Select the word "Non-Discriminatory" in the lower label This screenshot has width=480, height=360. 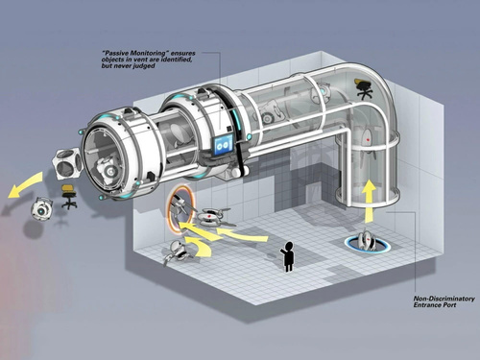pyautogui.click(x=444, y=299)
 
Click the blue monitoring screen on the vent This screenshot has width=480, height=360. pyautogui.click(x=224, y=145)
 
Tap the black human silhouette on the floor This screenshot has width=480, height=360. pyautogui.click(x=288, y=256)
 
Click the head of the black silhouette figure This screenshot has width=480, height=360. pyautogui.click(x=289, y=246)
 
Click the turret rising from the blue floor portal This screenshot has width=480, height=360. pyautogui.click(x=367, y=242)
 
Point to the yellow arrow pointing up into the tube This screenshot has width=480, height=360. pyautogui.click(x=370, y=202)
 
